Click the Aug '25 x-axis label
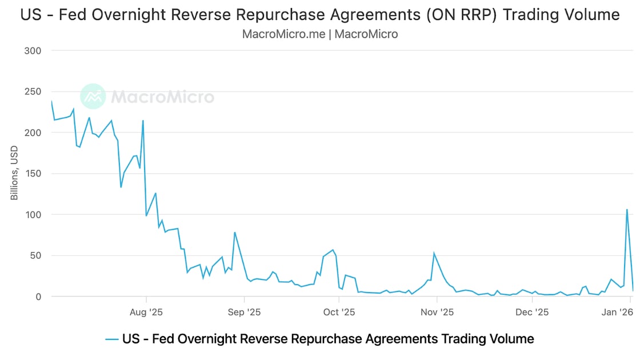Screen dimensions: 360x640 pyautogui.click(x=146, y=312)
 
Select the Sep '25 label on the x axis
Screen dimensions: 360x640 pyautogui.click(x=244, y=312)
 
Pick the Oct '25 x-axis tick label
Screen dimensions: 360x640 pyautogui.click(x=339, y=312)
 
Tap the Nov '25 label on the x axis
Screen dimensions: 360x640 pyautogui.click(x=437, y=312)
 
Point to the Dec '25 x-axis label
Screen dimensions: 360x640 pyautogui.click(x=532, y=312)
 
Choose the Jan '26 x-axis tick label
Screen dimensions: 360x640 pyautogui.click(x=618, y=312)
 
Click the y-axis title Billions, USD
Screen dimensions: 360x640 pyautogui.click(x=15, y=173)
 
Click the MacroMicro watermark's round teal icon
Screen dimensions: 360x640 pyautogui.click(x=93, y=97)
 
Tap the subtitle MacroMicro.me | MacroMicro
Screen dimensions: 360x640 pyautogui.click(x=320, y=34)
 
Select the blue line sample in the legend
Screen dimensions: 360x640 pyautogui.click(x=112, y=339)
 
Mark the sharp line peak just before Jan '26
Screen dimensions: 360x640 pyautogui.click(x=627, y=209)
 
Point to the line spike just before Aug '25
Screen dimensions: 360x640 pyautogui.click(x=143, y=120)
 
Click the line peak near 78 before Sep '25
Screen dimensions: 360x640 pyautogui.click(x=235, y=232)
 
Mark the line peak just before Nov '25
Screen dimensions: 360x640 pyautogui.click(x=434, y=253)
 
